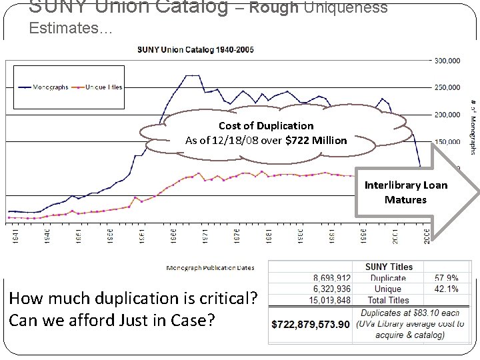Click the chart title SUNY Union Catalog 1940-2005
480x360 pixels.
point(195,49)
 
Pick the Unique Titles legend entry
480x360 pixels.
point(99,87)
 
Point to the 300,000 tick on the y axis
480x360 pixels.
point(447,61)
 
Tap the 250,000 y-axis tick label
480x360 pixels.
point(447,87)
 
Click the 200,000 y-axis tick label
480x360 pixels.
point(447,115)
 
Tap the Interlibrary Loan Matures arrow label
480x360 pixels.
point(405,192)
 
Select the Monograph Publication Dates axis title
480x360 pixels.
point(210,268)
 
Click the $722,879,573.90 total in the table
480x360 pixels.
point(311,324)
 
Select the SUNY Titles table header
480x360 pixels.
point(389,267)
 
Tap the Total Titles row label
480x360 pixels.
point(388,300)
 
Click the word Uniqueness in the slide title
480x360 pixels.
point(345,8)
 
